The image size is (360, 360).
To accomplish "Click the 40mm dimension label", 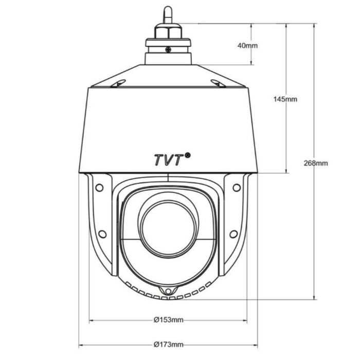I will [247, 46].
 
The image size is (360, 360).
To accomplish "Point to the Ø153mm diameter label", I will [169, 320].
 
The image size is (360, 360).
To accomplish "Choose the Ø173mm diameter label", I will [169, 345].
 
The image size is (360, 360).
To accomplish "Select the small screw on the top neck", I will [168, 49].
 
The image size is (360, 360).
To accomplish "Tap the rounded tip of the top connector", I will [168, 10].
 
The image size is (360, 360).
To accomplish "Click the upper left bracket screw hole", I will [99, 187].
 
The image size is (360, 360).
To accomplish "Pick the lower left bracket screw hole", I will [102, 235].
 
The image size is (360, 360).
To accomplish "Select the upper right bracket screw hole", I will [237, 187].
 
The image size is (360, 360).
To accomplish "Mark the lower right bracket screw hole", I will [233, 235].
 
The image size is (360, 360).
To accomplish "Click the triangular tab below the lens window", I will [168, 292].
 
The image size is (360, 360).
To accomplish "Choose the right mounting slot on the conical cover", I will [217, 83].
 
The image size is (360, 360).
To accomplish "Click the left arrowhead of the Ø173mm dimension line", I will [81, 345].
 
